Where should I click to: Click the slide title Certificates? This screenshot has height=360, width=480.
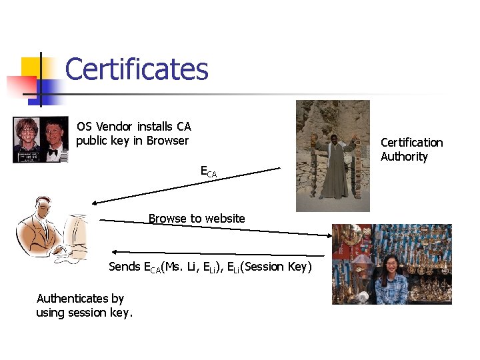coord(137,69)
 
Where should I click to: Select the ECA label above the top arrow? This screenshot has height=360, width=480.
coord(208,171)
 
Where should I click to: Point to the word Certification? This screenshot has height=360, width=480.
coord(411,142)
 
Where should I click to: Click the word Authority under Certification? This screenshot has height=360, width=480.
coord(404,157)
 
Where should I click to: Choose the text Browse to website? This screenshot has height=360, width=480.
coord(197,219)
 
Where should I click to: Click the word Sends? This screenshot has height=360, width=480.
coord(125,267)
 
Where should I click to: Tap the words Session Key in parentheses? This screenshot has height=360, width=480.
coord(275,267)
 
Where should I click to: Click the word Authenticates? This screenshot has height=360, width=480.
coord(80,298)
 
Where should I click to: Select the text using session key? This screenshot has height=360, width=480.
coord(84,313)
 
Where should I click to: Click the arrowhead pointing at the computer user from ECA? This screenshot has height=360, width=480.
coord(95,203)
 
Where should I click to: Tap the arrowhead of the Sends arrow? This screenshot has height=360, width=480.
coord(114,251)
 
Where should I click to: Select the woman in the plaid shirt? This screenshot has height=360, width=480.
coord(391,280)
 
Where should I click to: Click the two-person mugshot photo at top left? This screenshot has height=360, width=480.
coord(41,139)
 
